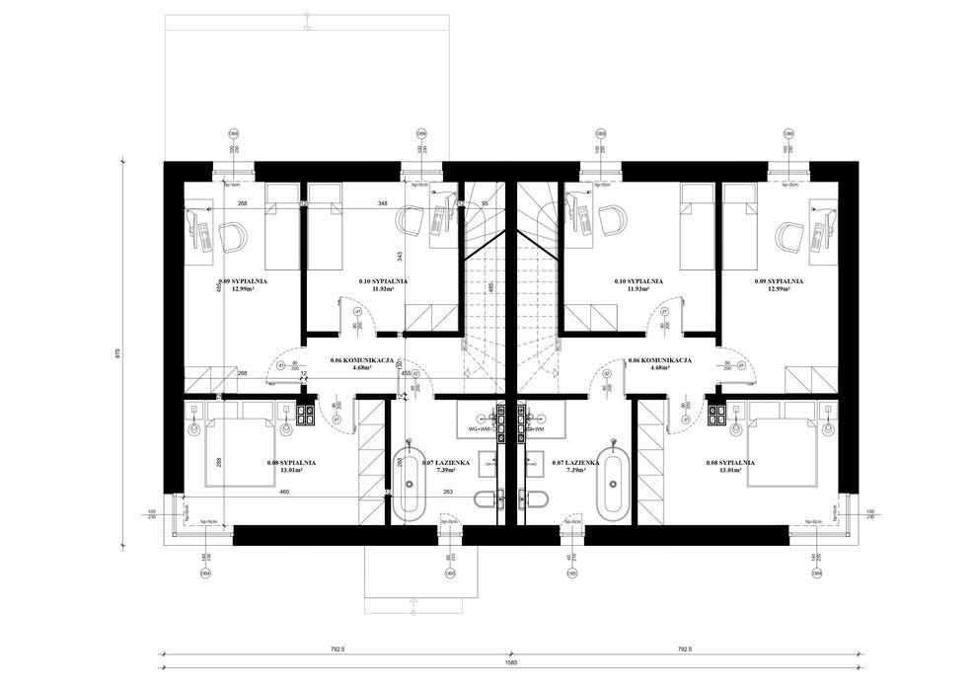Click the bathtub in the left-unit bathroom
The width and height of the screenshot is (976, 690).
tap(407, 484)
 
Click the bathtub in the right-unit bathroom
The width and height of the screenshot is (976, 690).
tap(614, 484)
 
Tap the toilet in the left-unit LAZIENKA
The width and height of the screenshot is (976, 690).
tap(484, 499)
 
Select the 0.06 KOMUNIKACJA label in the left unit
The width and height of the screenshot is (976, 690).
tap(362, 362)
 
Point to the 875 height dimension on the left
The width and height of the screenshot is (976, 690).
tap(117, 352)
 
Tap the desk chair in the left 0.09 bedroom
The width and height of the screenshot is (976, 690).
tap(234, 237)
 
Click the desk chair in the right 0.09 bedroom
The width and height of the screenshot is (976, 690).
tap(787, 237)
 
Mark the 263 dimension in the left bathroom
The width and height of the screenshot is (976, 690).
tap(447, 491)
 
